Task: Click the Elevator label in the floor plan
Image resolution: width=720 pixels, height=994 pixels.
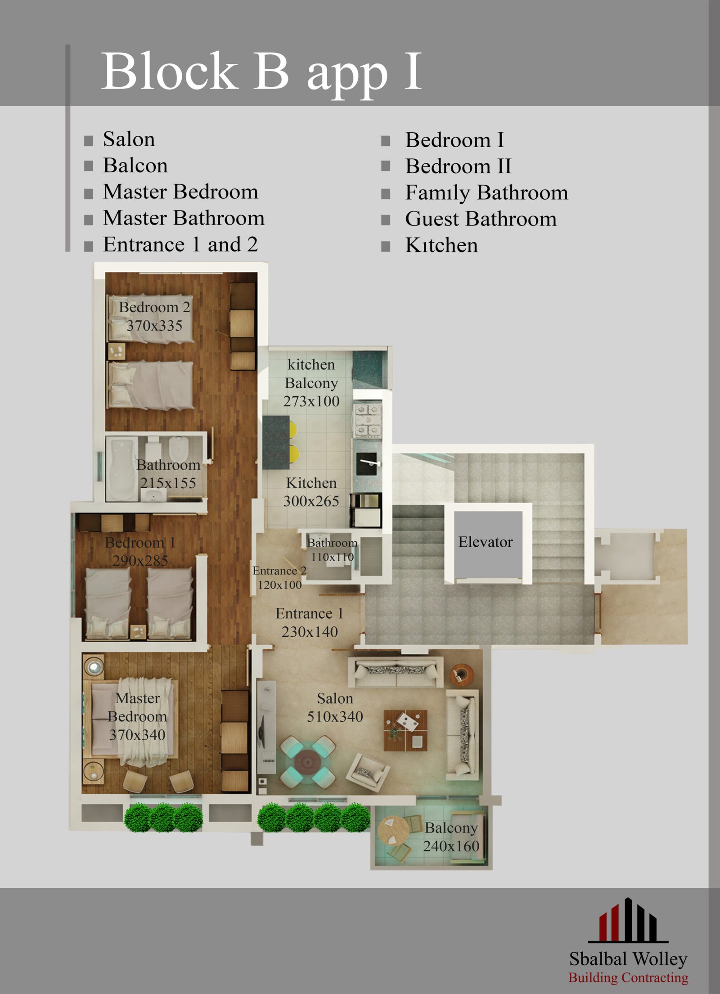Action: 485,542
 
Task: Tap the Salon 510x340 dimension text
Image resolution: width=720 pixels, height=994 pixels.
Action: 335,716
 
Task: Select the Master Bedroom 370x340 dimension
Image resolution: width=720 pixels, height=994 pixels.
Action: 137,735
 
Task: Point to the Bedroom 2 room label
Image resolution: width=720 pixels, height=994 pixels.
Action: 154,307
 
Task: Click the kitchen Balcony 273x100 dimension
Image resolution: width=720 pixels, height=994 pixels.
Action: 311,401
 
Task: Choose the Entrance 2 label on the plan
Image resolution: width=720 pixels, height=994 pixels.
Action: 279,571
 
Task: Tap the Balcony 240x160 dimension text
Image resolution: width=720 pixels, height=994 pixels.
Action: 451,846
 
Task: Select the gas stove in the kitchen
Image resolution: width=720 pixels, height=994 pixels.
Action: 368,421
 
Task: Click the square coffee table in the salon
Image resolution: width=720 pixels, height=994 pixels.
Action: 405,730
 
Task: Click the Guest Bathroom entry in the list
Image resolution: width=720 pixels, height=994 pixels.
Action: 481,219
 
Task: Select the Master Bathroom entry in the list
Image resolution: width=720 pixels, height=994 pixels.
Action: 184,218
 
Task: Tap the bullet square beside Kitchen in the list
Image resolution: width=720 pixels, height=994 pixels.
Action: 386,246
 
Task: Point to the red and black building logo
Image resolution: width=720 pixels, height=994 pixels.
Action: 628,920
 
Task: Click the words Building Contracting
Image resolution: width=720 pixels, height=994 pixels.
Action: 628,977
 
